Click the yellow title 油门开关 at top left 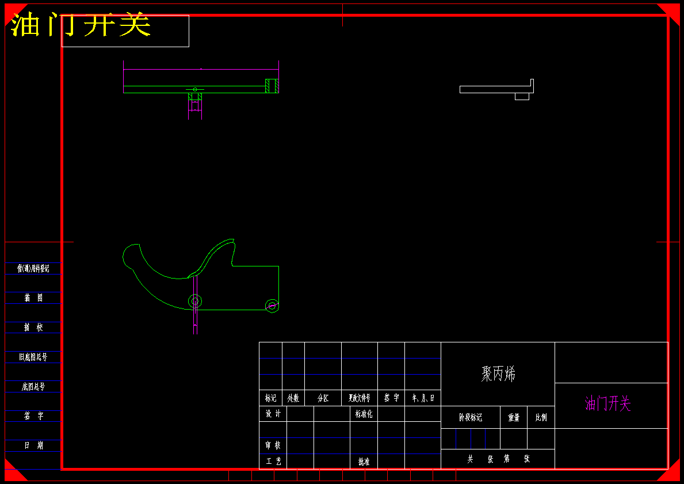pyautogui.click(x=81, y=25)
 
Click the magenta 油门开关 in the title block pyautogui.click(x=607, y=404)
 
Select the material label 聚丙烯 pyautogui.click(x=498, y=374)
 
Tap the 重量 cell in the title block pyautogui.click(x=514, y=418)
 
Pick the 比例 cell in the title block pyautogui.click(x=541, y=418)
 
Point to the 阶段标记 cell pyautogui.click(x=470, y=418)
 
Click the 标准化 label pyautogui.click(x=364, y=414)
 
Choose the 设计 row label pyautogui.click(x=273, y=414)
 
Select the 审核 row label pyautogui.click(x=273, y=445)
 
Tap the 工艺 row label pyautogui.click(x=273, y=462)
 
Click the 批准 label pyautogui.click(x=364, y=462)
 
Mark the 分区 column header pyautogui.click(x=323, y=398)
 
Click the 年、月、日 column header pyautogui.click(x=423, y=398)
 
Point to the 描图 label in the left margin pyautogui.click(x=33, y=298)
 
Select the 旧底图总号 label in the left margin pyautogui.click(x=33, y=357)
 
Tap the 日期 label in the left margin pyautogui.click(x=33, y=445)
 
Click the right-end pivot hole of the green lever pyautogui.click(x=272, y=306)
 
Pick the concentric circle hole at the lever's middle pyautogui.click(x=195, y=301)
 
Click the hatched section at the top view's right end pyautogui.click(x=272, y=86)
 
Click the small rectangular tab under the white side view pyautogui.click(x=522, y=96)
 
